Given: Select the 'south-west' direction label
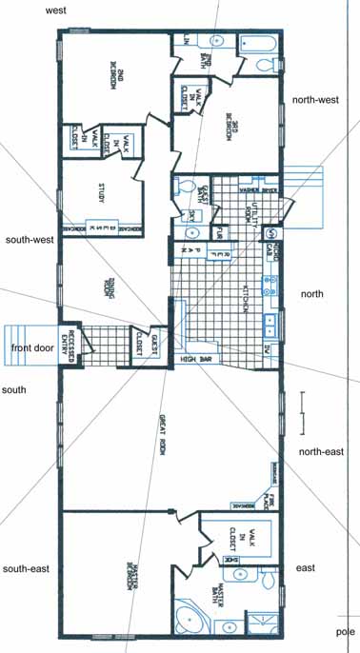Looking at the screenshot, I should pos(28,239).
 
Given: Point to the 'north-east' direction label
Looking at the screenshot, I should pos(321,451).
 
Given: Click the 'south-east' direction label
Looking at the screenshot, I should pos(26,568).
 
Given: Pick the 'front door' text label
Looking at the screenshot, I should pos(31,348).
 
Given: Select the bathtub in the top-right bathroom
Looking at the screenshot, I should pos(257,44).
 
